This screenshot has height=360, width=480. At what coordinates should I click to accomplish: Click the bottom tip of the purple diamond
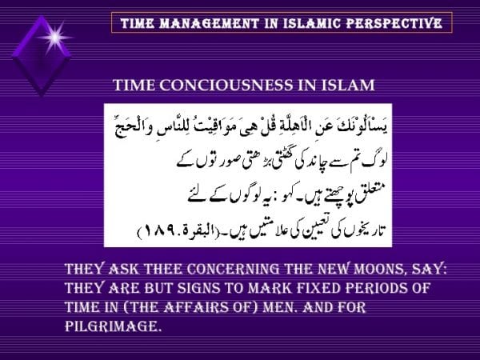pos(40,94)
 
